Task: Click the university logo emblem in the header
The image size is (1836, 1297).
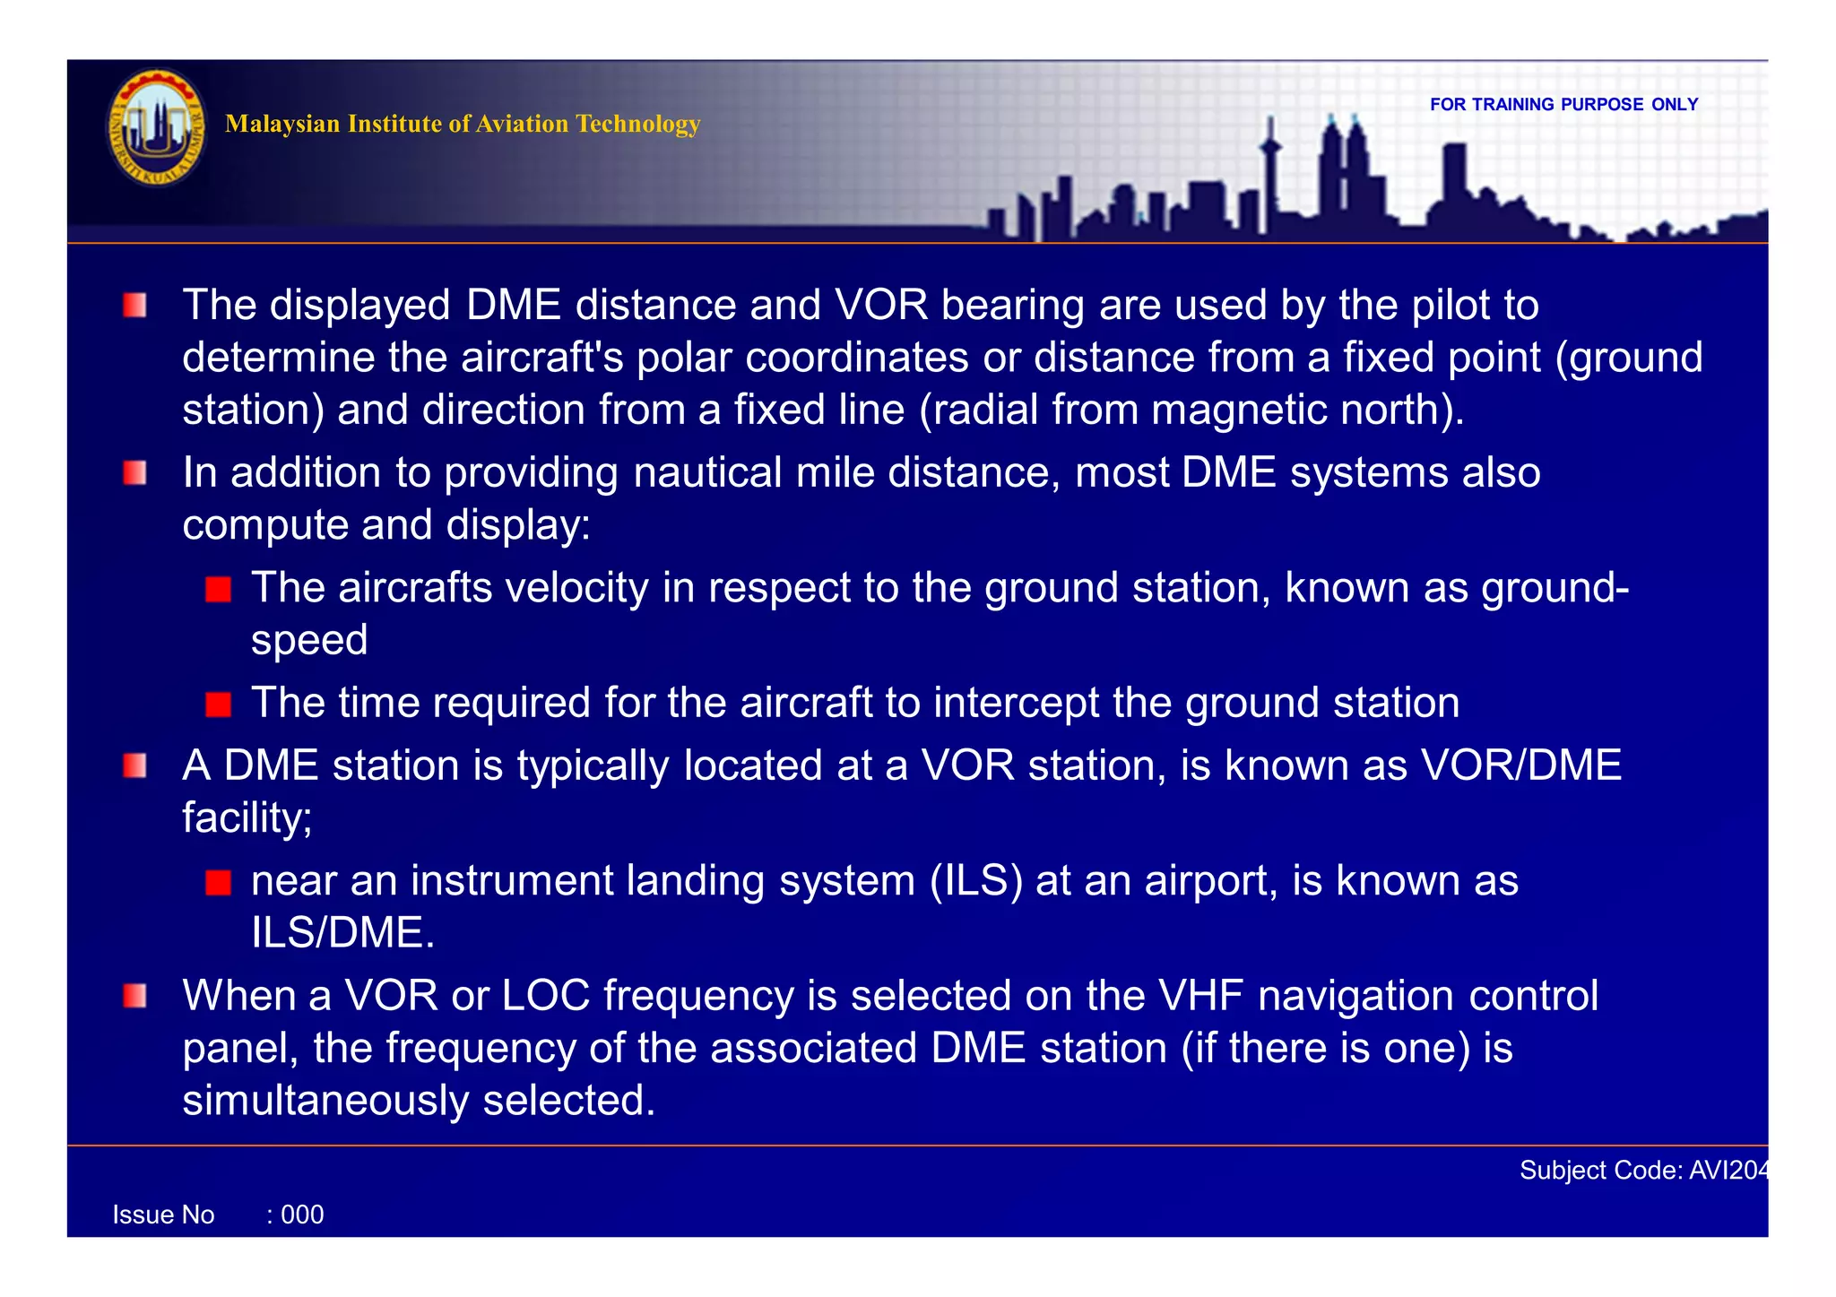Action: [x=157, y=127]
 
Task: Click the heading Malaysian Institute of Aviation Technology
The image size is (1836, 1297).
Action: [x=462, y=124]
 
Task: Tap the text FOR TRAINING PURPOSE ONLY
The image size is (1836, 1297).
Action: [x=1563, y=104]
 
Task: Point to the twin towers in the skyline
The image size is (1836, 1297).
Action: [x=1343, y=170]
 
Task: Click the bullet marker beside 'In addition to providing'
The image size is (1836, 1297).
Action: [x=134, y=472]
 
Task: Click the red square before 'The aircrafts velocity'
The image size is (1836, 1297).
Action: [x=218, y=589]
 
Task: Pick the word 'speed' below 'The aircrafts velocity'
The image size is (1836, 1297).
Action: [x=309, y=640]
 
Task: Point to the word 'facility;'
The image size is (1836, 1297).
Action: [x=247, y=817]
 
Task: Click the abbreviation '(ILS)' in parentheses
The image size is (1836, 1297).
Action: [x=976, y=880]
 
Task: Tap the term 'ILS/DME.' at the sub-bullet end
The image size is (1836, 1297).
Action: [x=342, y=933]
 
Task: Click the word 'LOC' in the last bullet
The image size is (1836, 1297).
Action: [x=545, y=996]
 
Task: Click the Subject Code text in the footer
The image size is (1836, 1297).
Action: [x=1642, y=1170]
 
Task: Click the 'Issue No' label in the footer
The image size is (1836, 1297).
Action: [x=163, y=1215]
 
